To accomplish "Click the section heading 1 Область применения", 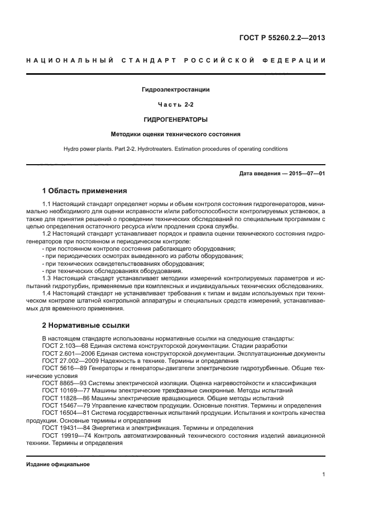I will (x=84, y=191).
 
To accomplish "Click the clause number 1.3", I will (x=47, y=278).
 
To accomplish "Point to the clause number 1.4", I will (x=47, y=293).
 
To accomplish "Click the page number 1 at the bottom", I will (x=323, y=475).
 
